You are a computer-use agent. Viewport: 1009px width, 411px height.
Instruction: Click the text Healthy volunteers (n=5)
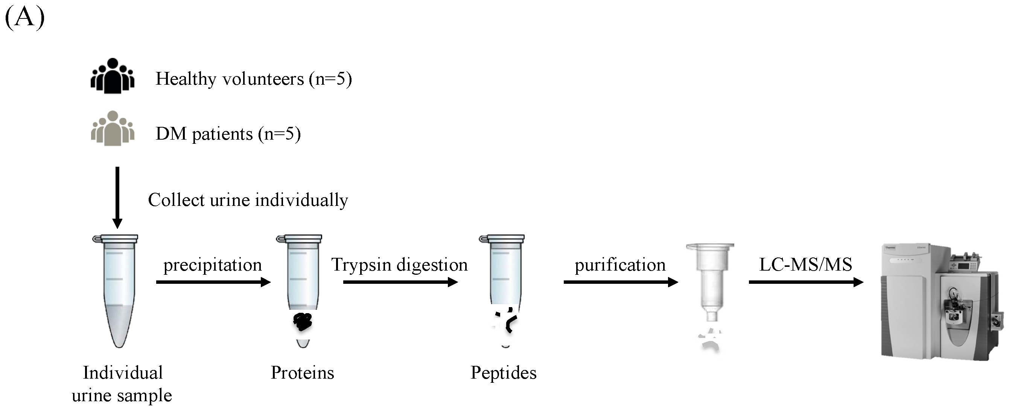pyautogui.click(x=253, y=79)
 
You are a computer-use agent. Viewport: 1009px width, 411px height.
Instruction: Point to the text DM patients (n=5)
pyautogui.click(x=228, y=134)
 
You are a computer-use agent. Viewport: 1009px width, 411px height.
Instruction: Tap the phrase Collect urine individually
pyautogui.click(x=248, y=200)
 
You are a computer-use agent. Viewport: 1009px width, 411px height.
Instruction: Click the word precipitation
pyautogui.click(x=212, y=265)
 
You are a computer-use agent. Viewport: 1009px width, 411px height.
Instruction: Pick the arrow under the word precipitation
pyautogui.click(x=213, y=282)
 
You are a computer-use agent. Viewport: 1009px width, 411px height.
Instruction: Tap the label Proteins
pyautogui.click(x=302, y=373)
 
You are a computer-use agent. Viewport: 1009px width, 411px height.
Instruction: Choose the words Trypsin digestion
pyautogui.click(x=400, y=265)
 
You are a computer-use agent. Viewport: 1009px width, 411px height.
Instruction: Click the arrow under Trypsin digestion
pyautogui.click(x=400, y=282)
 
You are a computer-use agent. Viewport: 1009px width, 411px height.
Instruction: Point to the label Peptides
pyautogui.click(x=503, y=373)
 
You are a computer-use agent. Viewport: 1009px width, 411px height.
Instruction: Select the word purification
pyautogui.click(x=620, y=265)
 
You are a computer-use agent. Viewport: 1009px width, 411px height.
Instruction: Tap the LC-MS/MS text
pyautogui.click(x=805, y=265)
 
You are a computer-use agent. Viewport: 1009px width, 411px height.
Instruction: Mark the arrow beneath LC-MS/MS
pyautogui.click(x=806, y=282)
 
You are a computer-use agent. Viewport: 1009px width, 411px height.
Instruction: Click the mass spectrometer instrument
pyautogui.click(x=940, y=302)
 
